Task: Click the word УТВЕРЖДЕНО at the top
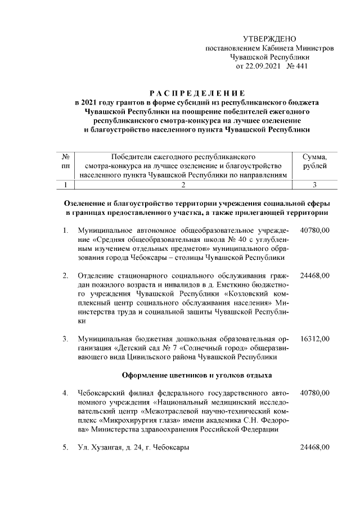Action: [269, 38]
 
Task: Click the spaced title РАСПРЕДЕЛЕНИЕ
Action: [196, 92]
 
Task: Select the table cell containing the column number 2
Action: [183, 184]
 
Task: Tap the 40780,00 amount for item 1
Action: [315, 231]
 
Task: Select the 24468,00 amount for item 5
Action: [315, 448]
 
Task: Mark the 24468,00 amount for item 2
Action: [315, 276]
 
